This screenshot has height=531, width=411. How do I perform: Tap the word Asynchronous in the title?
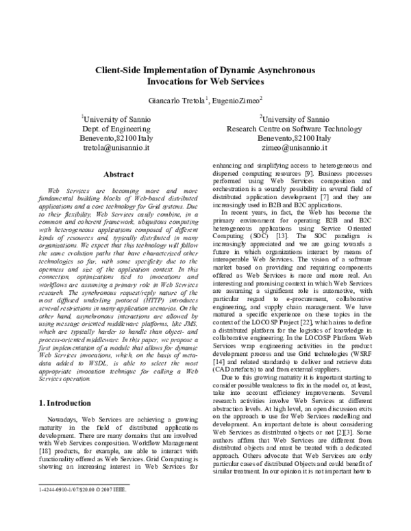click(282, 70)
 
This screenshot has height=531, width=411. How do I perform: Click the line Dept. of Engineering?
click(116, 128)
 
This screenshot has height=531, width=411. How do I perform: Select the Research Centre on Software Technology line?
click(295, 128)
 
